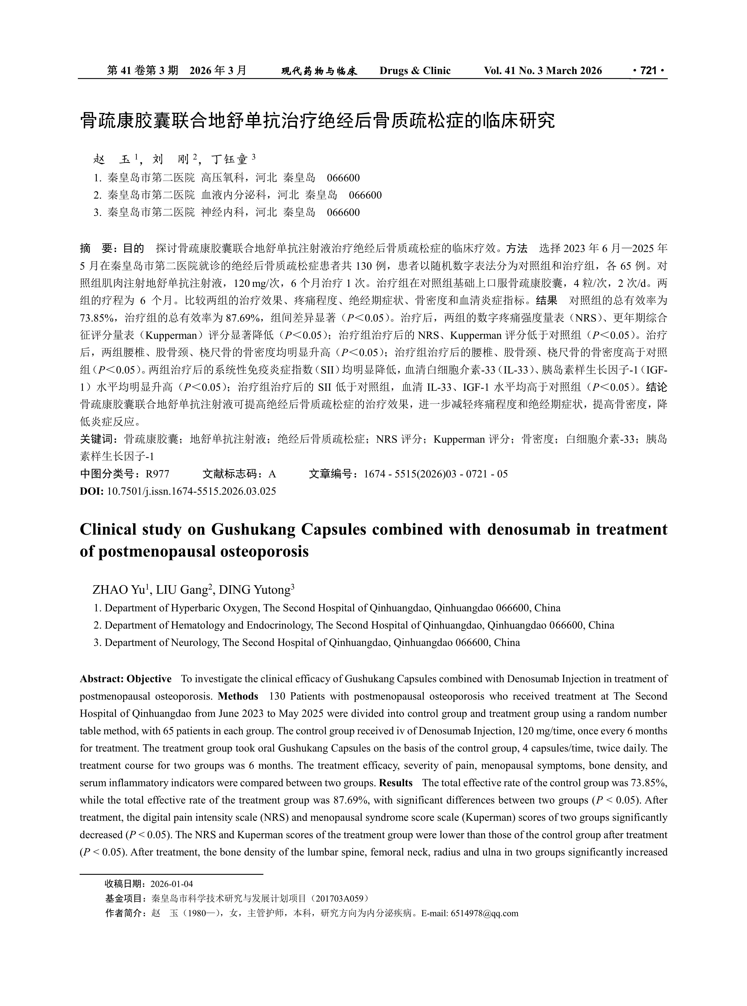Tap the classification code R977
(157, 474)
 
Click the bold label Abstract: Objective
(126, 679)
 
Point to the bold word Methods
(238, 696)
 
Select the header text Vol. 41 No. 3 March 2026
(543, 71)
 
